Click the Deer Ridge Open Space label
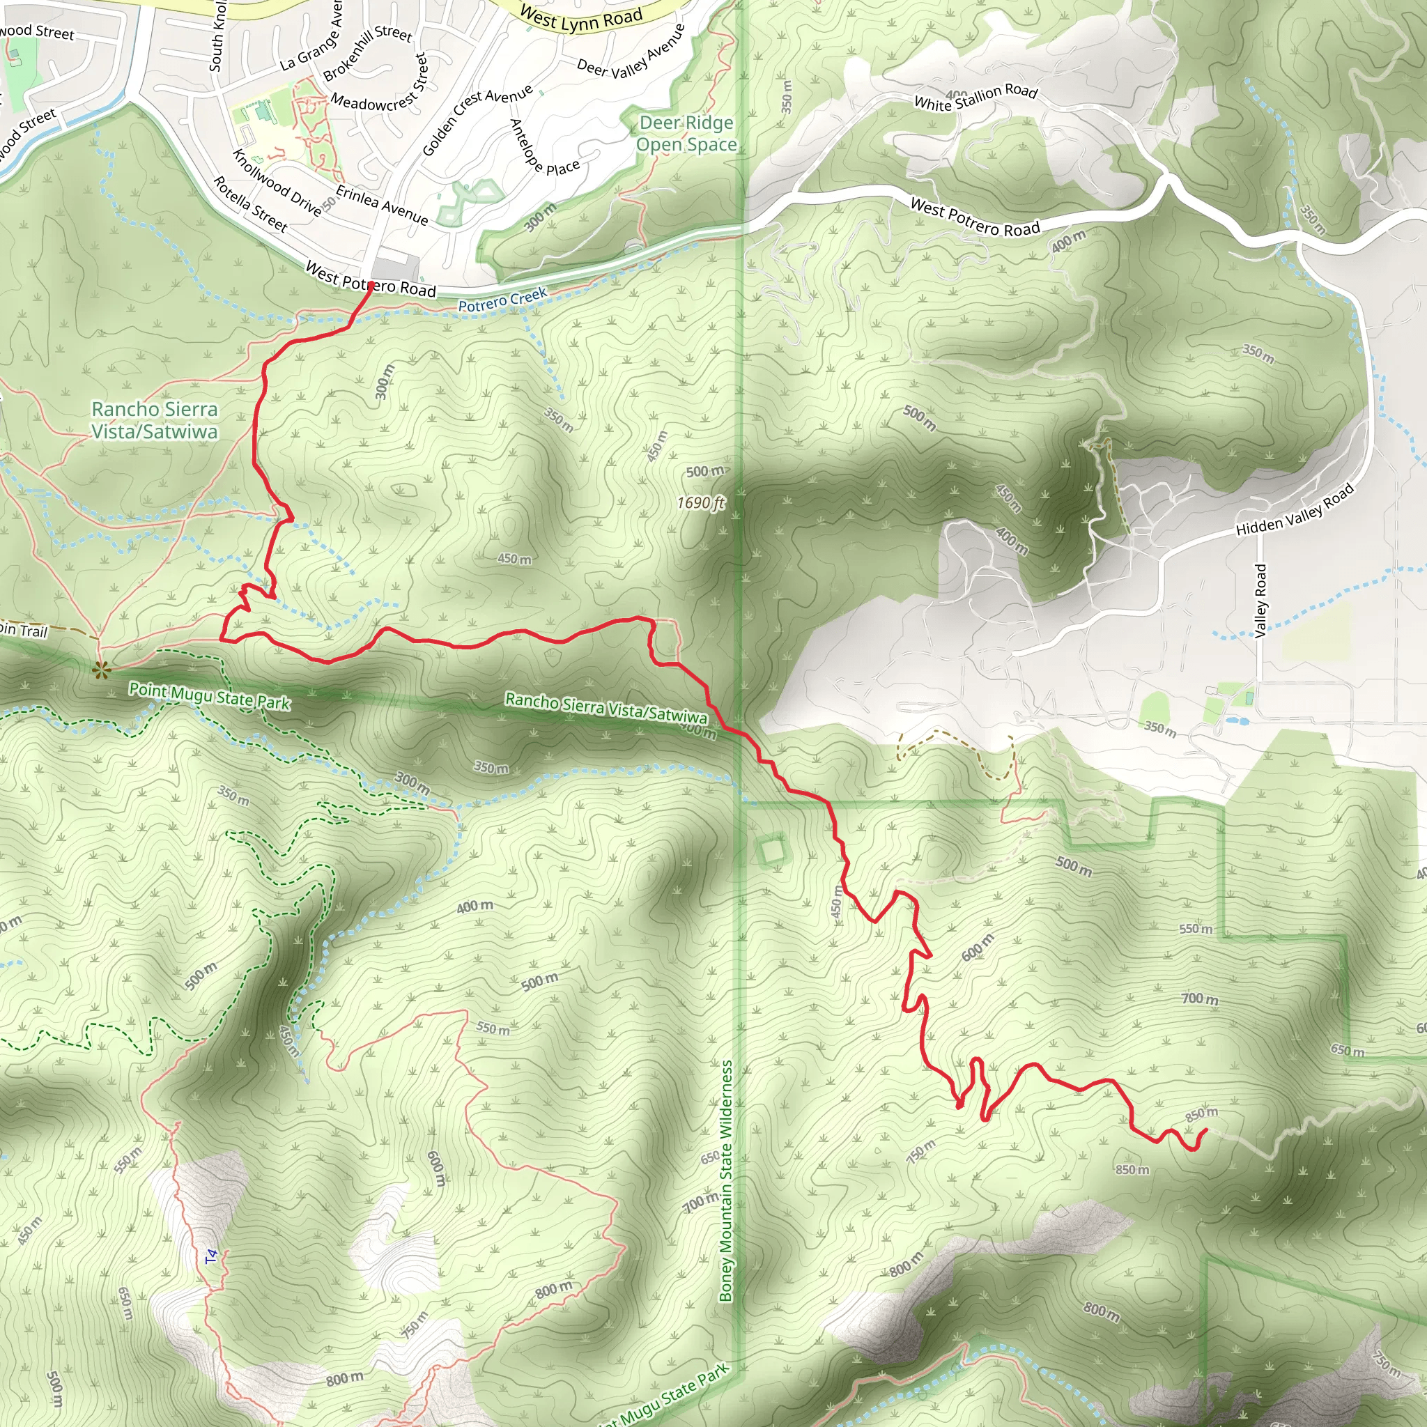pyautogui.click(x=686, y=134)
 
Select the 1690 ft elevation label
pyautogui.click(x=701, y=503)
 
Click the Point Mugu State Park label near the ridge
pyautogui.click(x=210, y=696)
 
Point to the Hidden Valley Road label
pyautogui.click(x=1295, y=509)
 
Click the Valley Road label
pyautogui.click(x=1260, y=601)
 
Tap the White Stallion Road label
pyautogui.click(x=975, y=97)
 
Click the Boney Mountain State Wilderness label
pyautogui.click(x=726, y=1181)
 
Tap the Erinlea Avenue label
pyautogui.click(x=382, y=205)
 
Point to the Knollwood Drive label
pyautogui.click(x=277, y=183)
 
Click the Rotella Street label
pyautogui.click(x=250, y=204)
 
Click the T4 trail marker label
pyautogui.click(x=212, y=1255)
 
